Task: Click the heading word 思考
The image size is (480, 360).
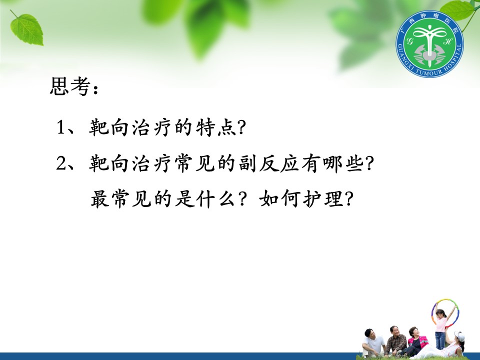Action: pyautogui.click(x=70, y=86)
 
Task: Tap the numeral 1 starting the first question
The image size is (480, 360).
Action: pyautogui.click(x=60, y=126)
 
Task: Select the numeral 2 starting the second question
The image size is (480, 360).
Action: pyautogui.click(x=61, y=163)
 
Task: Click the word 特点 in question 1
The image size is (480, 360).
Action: pyautogui.click(x=216, y=127)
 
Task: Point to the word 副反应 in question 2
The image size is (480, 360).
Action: pyautogui.click(x=269, y=163)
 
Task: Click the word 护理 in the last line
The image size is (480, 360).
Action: pyautogui.click(x=323, y=198)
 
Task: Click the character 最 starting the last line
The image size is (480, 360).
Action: pyautogui.click(x=100, y=198)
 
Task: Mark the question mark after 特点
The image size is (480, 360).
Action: pyautogui.click(x=241, y=127)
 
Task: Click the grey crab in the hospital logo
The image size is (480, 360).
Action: pyautogui.click(x=430, y=54)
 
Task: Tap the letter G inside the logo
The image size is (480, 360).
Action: pyautogui.click(x=409, y=40)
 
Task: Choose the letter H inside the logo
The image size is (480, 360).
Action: pyautogui.click(x=447, y=40)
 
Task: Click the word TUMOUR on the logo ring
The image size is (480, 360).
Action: pyautogui.click(x=429, y=72)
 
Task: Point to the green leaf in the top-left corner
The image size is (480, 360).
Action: pyautogui.click(x=27, y=29)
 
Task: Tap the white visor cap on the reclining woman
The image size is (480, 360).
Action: pyautogui.click(x=459, y=336)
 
